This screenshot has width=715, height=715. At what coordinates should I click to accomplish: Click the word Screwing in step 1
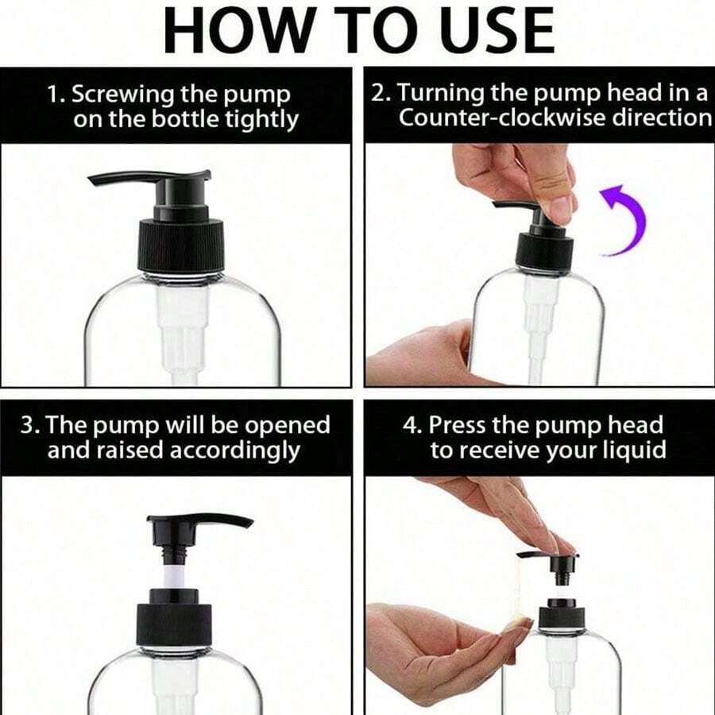point(122,95)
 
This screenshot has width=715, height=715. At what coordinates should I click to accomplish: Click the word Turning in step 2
point(440,94)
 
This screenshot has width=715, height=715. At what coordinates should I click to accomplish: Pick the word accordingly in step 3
point(235,451)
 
